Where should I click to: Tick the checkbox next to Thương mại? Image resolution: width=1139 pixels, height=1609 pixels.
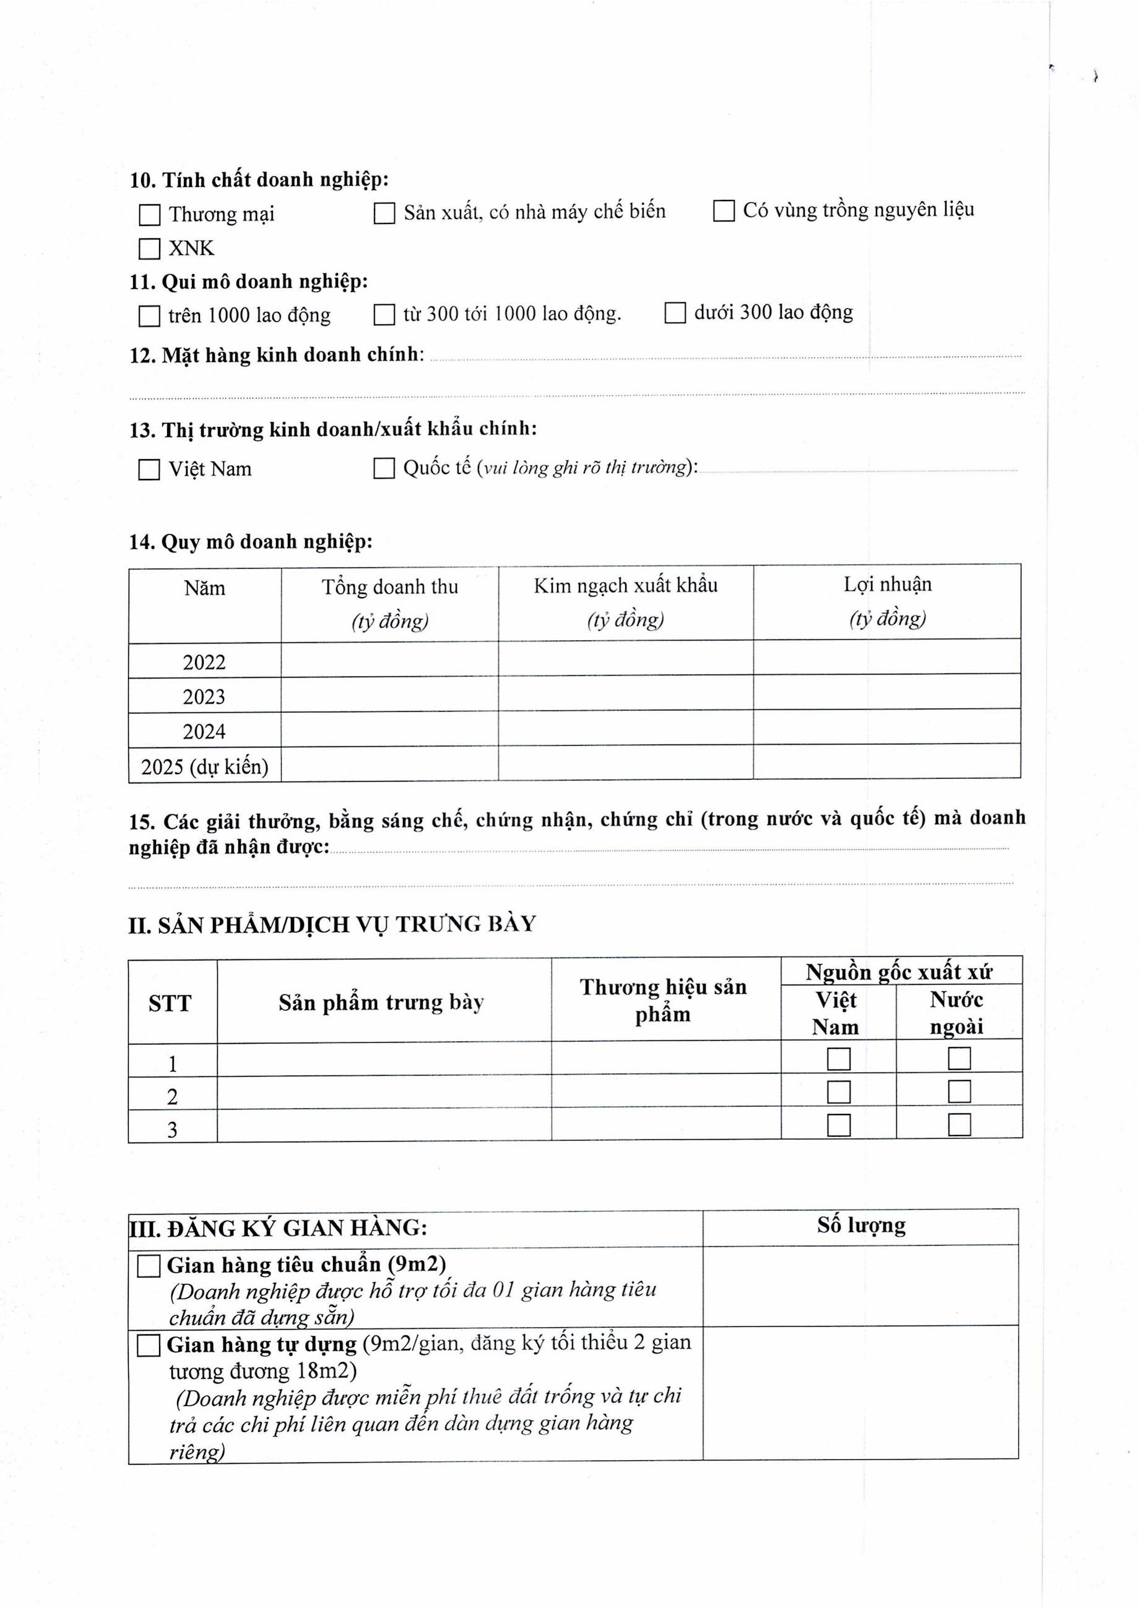click(149, 215)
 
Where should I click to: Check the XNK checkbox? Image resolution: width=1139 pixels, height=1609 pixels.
click(149, 249)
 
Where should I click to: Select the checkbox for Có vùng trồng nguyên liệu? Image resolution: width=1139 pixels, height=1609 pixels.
click(724, 210)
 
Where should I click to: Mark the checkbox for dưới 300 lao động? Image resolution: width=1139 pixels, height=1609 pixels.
click(675, 313)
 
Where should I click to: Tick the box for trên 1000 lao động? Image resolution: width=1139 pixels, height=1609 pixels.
click(149, 316)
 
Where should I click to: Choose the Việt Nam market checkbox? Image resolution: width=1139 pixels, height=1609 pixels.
click(149, 469)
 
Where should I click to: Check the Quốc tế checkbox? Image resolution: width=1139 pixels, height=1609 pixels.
click(384, 468)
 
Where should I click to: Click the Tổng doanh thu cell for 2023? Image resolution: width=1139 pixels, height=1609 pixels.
click(389, 695)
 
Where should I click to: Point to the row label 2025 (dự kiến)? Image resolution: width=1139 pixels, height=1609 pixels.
click(205, 766)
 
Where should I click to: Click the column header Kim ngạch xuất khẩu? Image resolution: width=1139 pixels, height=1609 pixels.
click(626, 586)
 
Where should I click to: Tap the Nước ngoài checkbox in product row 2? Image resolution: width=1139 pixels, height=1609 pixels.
click(959, 1092)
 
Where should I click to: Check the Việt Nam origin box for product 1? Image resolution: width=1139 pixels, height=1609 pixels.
click(839, 1059)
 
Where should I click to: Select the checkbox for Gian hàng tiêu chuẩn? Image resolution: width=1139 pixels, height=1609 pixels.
click(149, 1266)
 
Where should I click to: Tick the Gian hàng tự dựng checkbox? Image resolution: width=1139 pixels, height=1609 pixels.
click(149, 1345)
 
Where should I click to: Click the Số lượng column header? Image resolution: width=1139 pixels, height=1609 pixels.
click(860, 1225)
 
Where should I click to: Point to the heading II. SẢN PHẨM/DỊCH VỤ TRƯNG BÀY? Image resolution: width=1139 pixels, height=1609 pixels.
click(332, 925)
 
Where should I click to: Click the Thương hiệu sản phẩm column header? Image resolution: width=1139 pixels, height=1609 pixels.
click(664, 1001)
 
